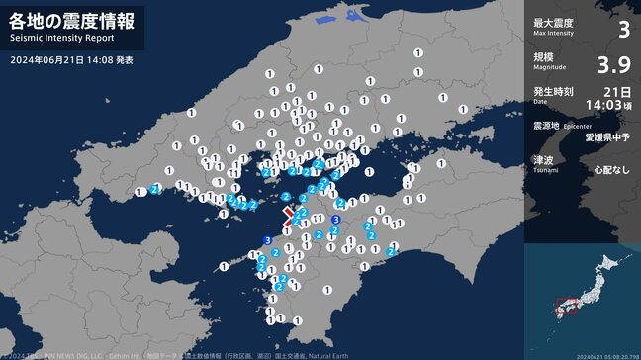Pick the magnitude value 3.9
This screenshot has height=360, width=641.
click(x=614, y=65)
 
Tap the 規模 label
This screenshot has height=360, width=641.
click(x=542, y=56)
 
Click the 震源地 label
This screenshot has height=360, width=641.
click(x=545, y=126)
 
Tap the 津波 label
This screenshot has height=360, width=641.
click(x=542, y=159)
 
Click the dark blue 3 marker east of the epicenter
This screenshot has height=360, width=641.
click(x=336, y=219)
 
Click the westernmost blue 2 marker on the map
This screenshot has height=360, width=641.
click(x=156, y=188)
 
